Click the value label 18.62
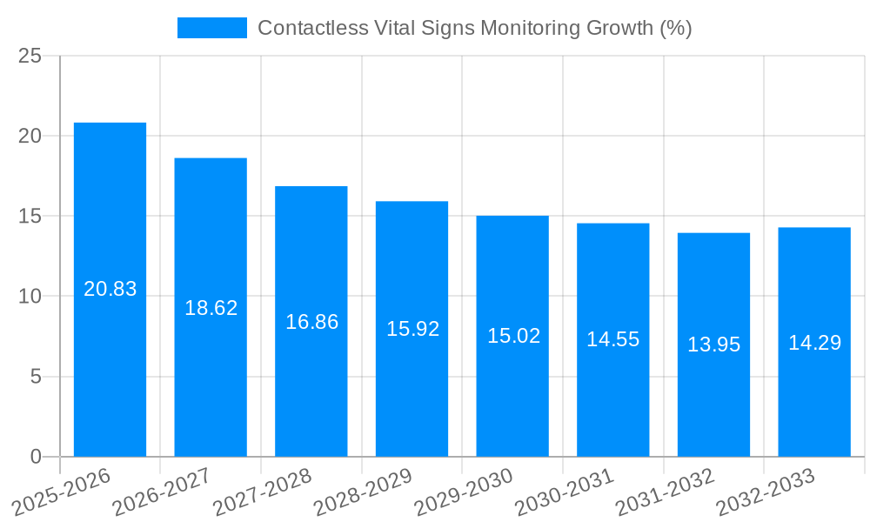(x=211, y=308)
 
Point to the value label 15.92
(x=412, y=330)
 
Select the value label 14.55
(x=612, y=340)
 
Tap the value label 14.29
(x=814, y=343)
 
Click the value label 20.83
(x=110, y=289)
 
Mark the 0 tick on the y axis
(x=36, y=457)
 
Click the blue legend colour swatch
(x=211, y=28)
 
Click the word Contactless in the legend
(x=308, y=28)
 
